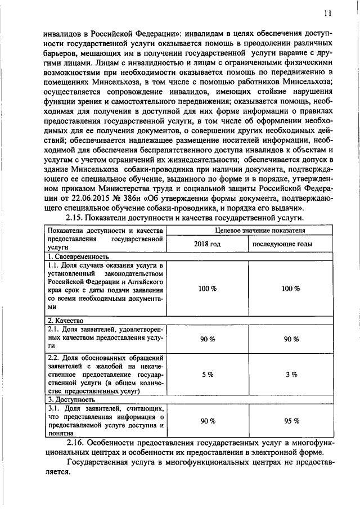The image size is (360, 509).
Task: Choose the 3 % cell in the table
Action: [x=290, y=374]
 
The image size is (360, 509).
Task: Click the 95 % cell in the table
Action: [x=290, y=421]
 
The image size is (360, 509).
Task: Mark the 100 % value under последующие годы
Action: [x=290, y=288]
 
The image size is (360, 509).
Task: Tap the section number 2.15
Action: [x=76, y=218]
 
